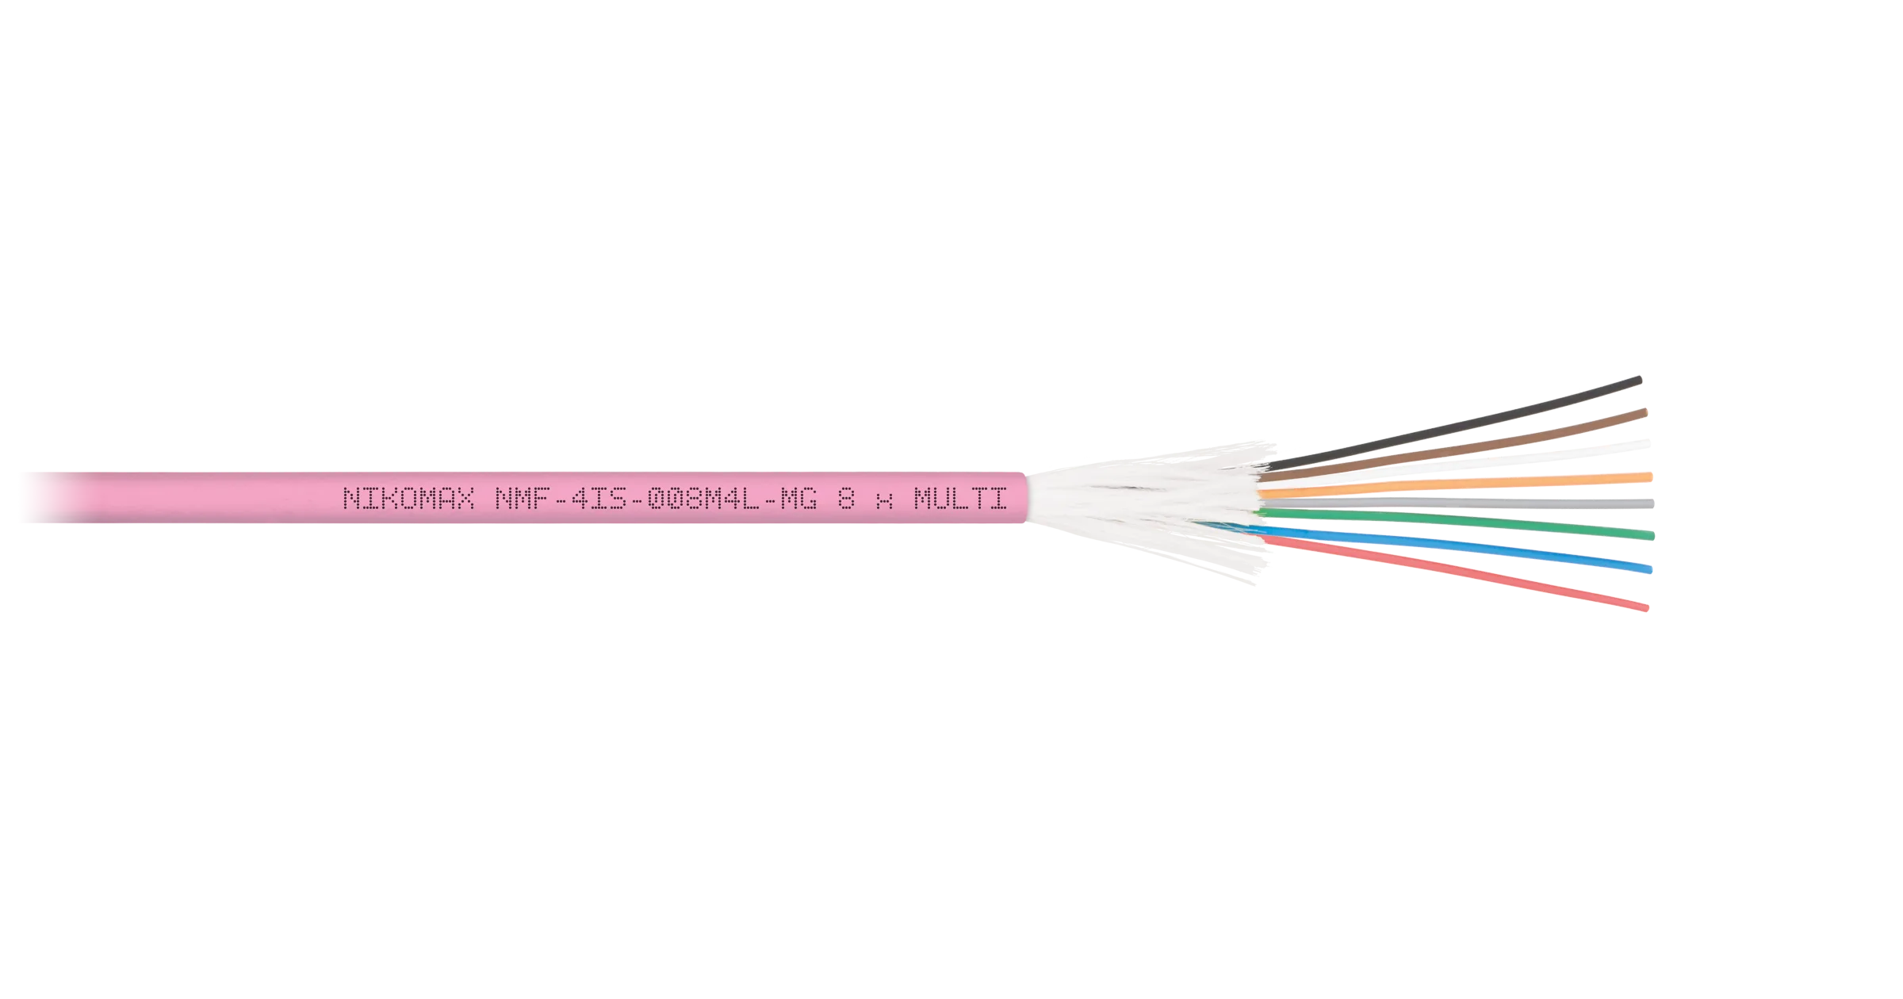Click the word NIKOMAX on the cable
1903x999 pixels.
[408, 498]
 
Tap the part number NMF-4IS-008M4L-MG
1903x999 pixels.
[656, 498]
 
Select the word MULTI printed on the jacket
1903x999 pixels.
[960, 498]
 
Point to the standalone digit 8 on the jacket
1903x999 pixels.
[846, 498]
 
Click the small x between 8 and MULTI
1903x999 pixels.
[884, 501]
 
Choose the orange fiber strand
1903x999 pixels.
[1455, 485]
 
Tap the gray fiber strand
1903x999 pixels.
[1456, 503]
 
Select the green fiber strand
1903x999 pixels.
[1456, 523]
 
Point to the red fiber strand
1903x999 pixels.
[1455, 572]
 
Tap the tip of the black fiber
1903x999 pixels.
[1640, 380]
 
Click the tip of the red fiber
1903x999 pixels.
[1647, 608]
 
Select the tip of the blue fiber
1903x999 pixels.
[1650, 569]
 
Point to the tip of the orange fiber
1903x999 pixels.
[1650, 477]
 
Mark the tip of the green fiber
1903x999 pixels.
[1652, 536]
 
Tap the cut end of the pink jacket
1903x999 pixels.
[1025, 498]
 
